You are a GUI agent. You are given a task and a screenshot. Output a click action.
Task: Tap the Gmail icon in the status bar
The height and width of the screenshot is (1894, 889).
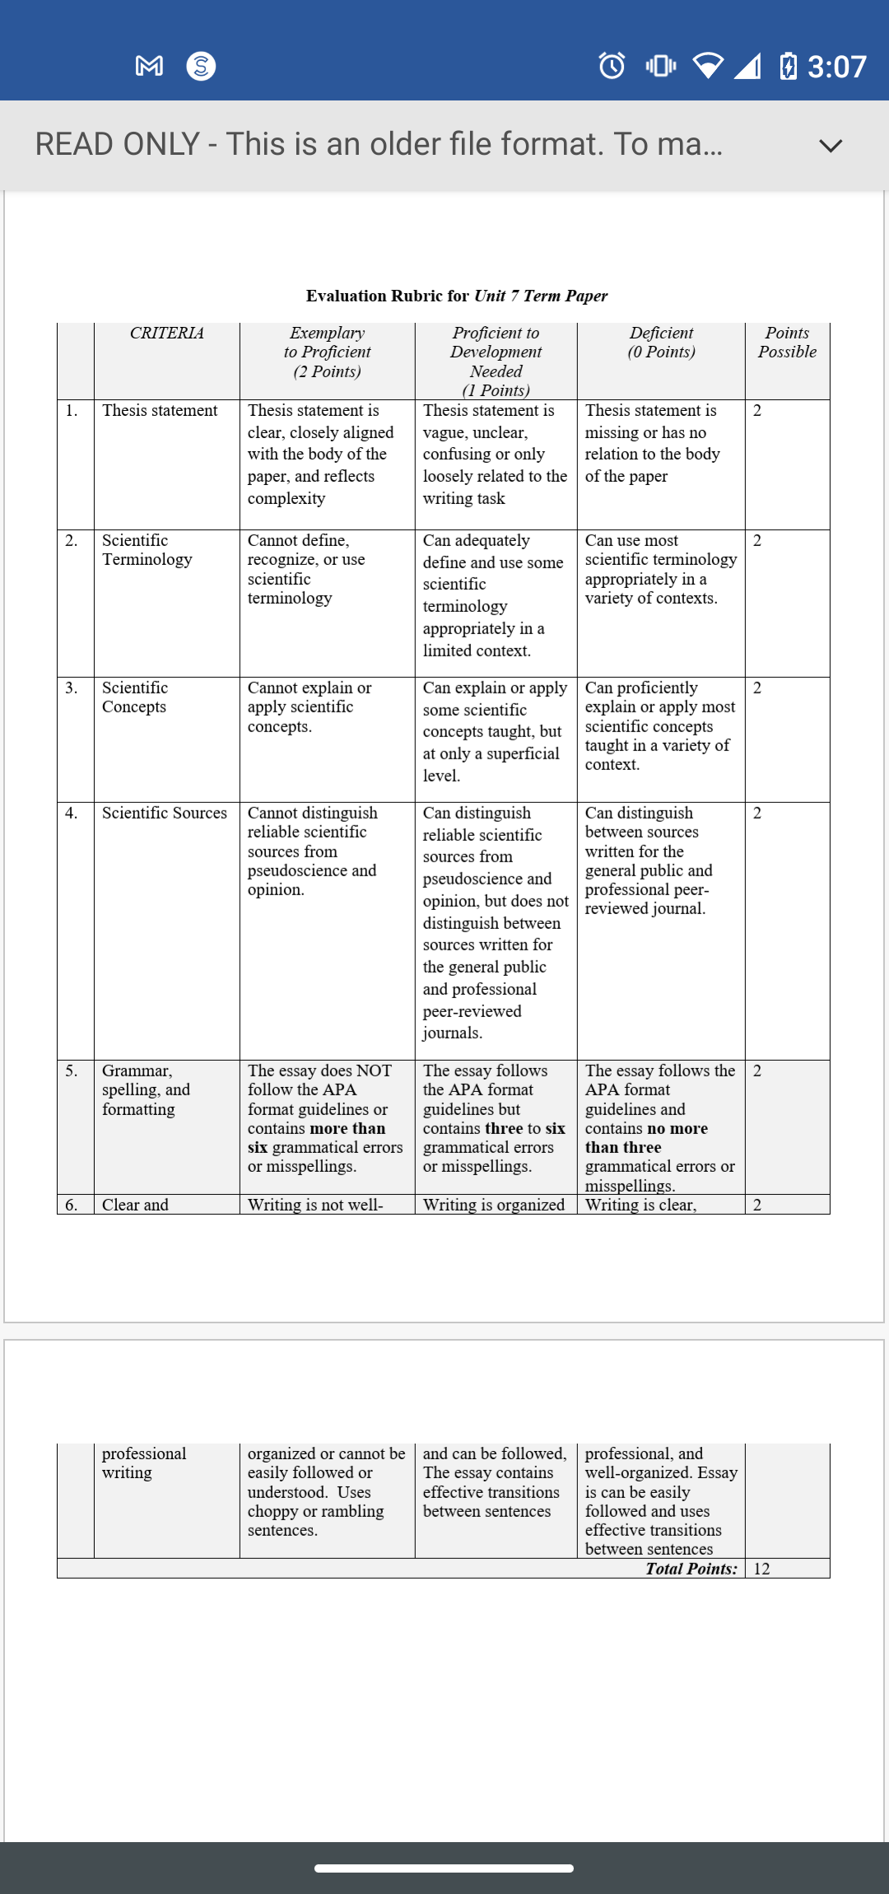[x=149, y=66]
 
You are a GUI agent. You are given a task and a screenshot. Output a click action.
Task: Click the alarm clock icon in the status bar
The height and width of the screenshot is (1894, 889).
[x=612, y=65]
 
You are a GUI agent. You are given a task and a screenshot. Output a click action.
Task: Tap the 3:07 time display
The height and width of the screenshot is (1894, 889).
[x=836, y=67]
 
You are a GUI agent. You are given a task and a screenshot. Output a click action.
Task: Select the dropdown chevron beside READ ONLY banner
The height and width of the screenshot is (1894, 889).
[x=831, y=146]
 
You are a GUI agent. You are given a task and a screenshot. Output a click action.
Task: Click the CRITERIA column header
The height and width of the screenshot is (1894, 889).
[x=166, y=333]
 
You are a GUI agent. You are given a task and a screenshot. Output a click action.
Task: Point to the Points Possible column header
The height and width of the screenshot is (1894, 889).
[x=787, y=343]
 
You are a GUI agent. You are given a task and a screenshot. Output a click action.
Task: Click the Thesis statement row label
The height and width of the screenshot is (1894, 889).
[x=160, y=410]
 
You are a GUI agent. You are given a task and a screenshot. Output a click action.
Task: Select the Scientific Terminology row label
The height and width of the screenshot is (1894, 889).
[x=147, y=550]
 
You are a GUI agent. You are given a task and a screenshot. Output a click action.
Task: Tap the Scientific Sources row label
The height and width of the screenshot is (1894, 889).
[x=164, y=813]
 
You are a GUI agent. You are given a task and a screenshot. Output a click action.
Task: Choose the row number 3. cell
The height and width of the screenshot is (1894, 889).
[x=72, y=688]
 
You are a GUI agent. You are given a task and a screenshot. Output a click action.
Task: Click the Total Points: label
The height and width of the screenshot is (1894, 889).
[x=691, y=1569]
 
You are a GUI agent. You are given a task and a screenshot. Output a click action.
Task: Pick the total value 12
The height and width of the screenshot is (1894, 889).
[x=761, y=1569]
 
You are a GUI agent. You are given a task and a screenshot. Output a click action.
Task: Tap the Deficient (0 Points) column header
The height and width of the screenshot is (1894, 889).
[x=661, y=343]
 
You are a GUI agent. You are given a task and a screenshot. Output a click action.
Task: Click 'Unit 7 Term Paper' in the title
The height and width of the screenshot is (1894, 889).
[x=541, y=296]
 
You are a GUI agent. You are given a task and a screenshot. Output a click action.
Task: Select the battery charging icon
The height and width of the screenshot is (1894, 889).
[x=787, y=65]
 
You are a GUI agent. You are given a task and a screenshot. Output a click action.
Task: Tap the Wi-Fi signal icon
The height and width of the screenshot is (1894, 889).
[x=708, y=65]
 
